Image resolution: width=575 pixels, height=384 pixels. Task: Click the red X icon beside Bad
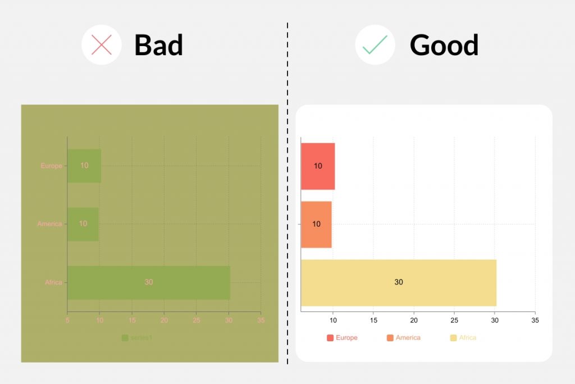[102, 45]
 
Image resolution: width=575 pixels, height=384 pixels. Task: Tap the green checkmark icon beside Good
[375, 45]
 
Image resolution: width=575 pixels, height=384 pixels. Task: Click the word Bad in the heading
[158, 45]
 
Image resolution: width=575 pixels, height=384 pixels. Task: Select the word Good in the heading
[444, 45]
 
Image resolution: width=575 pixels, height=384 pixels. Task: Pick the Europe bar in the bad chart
[84, 166]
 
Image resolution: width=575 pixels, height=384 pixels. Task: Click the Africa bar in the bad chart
[148, 282]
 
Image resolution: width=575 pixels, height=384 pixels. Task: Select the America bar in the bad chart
[83, 224]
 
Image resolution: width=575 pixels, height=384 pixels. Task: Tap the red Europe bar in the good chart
[318, 166]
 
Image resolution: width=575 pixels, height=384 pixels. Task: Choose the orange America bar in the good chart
[316, 224]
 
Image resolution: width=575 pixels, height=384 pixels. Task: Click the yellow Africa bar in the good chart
[398, 282]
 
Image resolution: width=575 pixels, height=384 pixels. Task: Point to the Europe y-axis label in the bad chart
[52, 166]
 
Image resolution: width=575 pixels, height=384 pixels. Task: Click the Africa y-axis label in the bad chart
[54, 282]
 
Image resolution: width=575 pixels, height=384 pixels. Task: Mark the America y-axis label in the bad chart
[50, 224]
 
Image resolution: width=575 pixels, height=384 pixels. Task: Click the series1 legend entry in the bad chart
[137, 338]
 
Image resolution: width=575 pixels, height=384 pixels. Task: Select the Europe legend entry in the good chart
[342, 338]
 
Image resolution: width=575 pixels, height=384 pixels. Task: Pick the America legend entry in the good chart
[403, 338]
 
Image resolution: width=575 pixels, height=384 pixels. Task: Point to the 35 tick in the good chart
[535, 320]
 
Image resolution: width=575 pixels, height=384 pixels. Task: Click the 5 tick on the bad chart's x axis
[67, 320]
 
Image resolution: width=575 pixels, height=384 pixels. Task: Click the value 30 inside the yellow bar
[398, 282]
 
